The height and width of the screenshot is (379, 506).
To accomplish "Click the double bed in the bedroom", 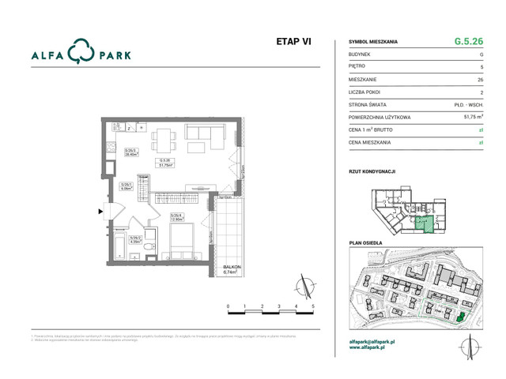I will coord(188,246).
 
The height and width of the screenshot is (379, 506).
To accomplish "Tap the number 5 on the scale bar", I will coord(314,305).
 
